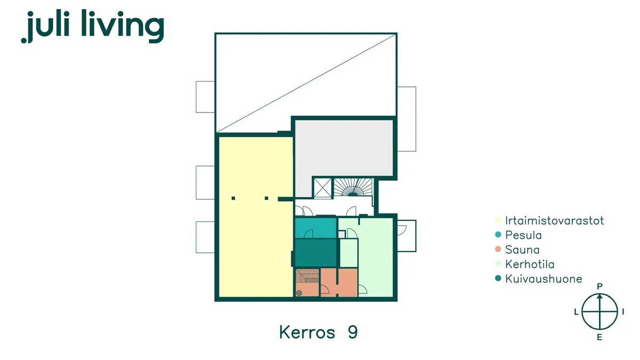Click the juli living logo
(x=93, y=26)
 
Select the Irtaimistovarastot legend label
(x=554, y=221)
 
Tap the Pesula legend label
(x=523, y=235)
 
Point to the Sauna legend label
(x=522, y=250)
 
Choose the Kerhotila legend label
(x=530, y=265)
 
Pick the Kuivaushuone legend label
(x=543, y=279)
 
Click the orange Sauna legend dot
(x=498, y=249)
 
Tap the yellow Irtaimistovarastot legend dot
(x=498, y=220)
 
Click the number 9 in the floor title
(x=353, y=332)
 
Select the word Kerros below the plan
(x=307, y=332)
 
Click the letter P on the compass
(x=599, y=286)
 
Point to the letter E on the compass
(x=599, y=338)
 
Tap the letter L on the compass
(x=577, y=312)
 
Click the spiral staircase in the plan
(x=353, y=187)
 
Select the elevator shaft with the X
(x=323, y=188)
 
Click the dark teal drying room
(x=315, y=253)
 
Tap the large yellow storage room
(x=255, y=217)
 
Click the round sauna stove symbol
(x=299, y=293)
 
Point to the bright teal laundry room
(x=315, y=228)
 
